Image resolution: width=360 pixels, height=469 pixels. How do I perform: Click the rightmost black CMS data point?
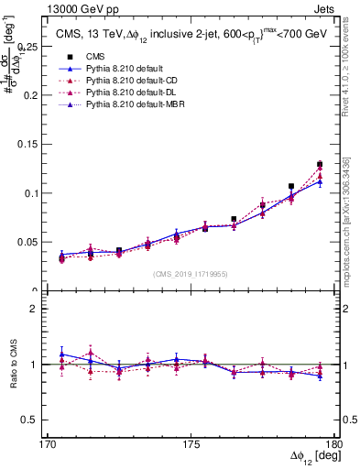click(x=320, y=164)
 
